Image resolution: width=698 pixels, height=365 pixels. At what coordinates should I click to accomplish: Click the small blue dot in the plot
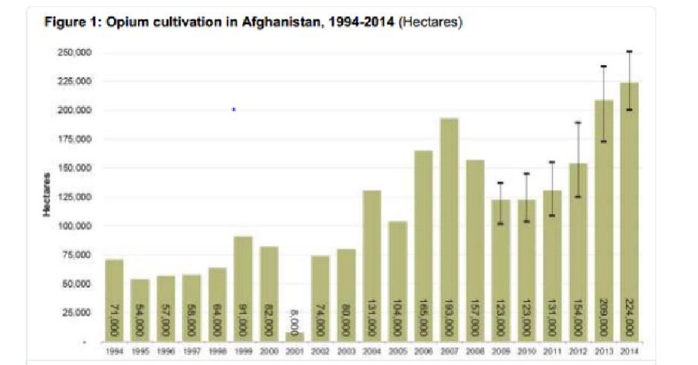(x=233, y=109)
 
